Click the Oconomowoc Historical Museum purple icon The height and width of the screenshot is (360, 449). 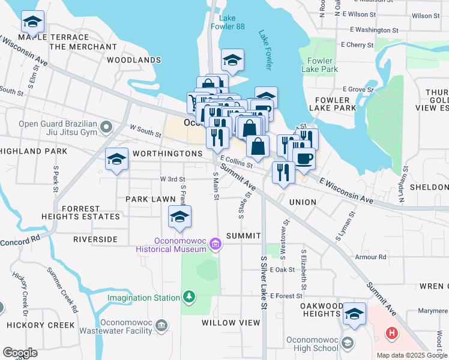215,243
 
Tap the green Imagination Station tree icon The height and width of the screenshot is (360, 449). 189,297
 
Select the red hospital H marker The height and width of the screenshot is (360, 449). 391,332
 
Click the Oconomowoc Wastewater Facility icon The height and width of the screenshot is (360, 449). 161,326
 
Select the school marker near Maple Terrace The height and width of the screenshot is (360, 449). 32,23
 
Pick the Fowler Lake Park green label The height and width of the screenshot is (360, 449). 322,65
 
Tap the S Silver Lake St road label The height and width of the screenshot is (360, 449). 263,283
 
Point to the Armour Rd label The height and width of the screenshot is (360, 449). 370,257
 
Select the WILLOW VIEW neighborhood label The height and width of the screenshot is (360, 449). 231,323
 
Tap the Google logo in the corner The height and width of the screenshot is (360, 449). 20,353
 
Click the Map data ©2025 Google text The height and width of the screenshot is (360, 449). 411,355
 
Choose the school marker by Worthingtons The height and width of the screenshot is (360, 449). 116,160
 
